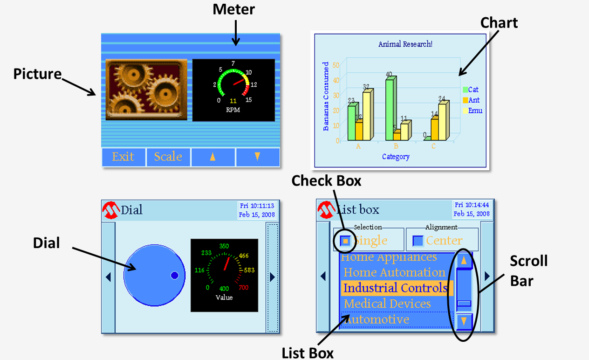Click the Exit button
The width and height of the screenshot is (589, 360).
tap(123, 157)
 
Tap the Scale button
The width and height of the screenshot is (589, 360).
tap(168, 157)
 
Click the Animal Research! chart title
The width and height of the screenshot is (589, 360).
tap(405, 44)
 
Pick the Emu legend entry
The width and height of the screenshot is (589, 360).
tap(472, 111)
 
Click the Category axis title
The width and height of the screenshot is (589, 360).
tap(396, 157)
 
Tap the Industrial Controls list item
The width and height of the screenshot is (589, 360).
tap(396, 288)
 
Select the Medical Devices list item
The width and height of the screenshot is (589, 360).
tap(387, 304)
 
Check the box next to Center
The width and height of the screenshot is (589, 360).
tap(418, 241)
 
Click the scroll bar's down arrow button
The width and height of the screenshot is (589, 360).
tap(464, 321)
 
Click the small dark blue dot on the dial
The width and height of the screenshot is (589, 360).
tap(175, 276)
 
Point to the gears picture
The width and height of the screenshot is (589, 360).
tap(146, 89)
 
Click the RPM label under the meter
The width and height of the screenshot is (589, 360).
tap(233, 111)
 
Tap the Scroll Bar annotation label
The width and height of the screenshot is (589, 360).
tap(528, 271)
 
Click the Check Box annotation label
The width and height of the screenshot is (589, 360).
tap(326, 181)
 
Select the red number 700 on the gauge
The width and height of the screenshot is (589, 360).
tap(243, 288)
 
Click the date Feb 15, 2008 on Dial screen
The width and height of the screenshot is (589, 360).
tap(257, 215)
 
